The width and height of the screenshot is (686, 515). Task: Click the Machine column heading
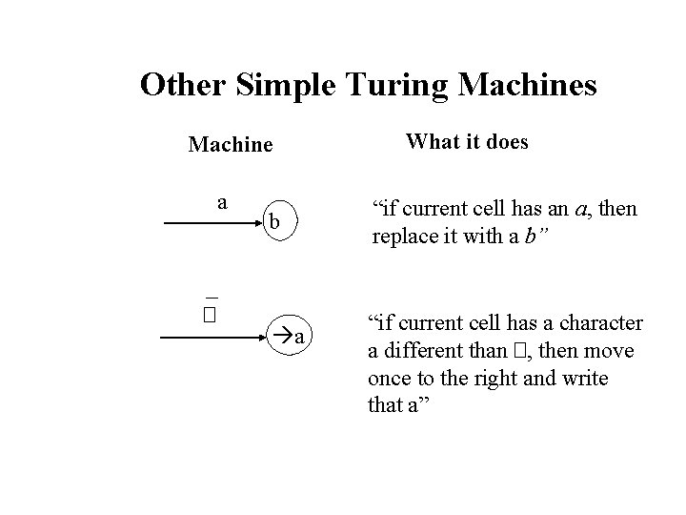point(231,145)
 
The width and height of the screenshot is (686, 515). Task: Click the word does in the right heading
point(507,142)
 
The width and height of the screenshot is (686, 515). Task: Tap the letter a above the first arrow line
point(222,202)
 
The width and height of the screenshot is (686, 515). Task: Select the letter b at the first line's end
point(274,222)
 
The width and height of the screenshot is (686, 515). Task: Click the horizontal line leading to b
point(210,224)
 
